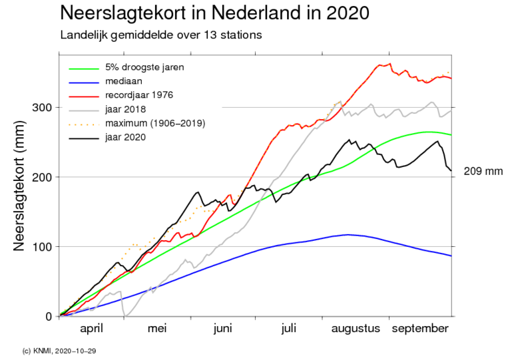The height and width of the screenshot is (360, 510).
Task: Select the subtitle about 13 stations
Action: coord(160,34)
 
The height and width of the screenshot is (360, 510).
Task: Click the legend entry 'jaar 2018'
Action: coord(125,109)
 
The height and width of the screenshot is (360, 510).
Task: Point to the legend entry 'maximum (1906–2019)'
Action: coord(154,123)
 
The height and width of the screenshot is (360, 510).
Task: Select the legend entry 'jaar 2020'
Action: coord(125,137)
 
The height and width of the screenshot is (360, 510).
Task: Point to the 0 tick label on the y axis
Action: coord(49,316)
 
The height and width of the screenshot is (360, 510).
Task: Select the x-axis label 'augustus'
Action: coord(355,329)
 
